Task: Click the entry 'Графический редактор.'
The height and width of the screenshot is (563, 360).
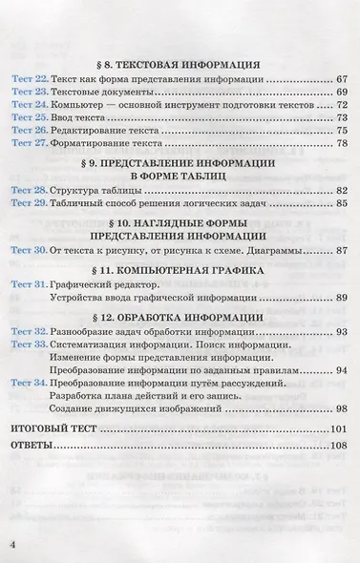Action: click(102, 284)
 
